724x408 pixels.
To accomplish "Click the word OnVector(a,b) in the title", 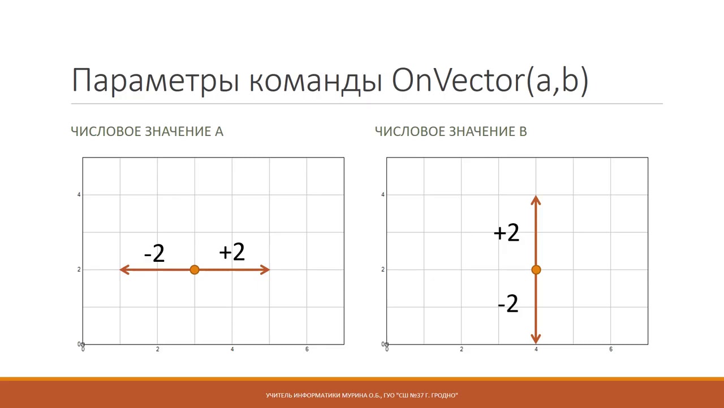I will point(490,80).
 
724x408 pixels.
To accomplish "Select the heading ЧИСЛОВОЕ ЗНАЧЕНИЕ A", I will point(147,131).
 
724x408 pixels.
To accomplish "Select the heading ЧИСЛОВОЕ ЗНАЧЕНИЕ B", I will point(451,131).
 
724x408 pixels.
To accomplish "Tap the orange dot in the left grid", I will point(195,270).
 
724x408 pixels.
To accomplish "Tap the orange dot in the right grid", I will point(536,270).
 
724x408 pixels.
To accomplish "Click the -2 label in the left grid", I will point(154,253).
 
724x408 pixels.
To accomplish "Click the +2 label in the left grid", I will point(232,252).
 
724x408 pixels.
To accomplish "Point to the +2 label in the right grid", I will point(506,233).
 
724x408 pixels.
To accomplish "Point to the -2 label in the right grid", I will point(508,304).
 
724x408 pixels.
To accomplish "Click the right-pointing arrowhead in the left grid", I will point(265,270).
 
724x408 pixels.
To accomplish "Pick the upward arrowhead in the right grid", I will point(536,200).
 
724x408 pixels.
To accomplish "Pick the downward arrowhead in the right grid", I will point(536,339).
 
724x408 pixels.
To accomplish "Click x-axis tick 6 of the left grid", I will point(307,350).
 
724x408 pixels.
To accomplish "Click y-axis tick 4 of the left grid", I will point(79,195).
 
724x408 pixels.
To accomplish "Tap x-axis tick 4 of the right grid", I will point(536,350).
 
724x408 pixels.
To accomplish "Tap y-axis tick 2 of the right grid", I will point(383,270).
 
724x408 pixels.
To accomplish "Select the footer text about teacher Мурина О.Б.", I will point(362,395).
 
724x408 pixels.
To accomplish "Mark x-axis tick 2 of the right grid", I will point(462,350).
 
